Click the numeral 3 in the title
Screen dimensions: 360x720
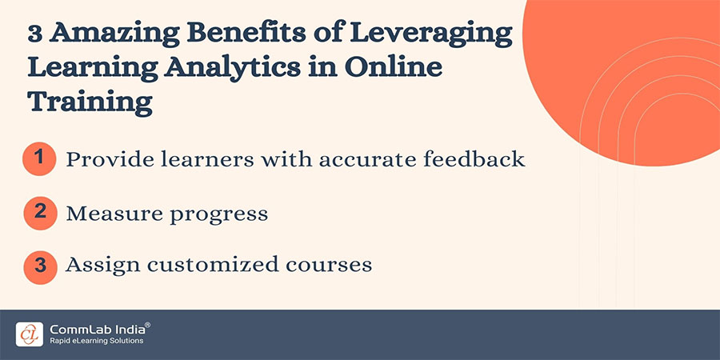[x=36, y=34]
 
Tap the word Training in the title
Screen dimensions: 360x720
[x=89, y=102]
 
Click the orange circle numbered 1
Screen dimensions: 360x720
[x=38, y=158]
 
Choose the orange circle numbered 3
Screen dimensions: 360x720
[x=38, y=266]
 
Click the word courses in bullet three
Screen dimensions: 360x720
[x=335, y=266]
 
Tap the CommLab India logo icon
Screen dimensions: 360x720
[x=29, y=334]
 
